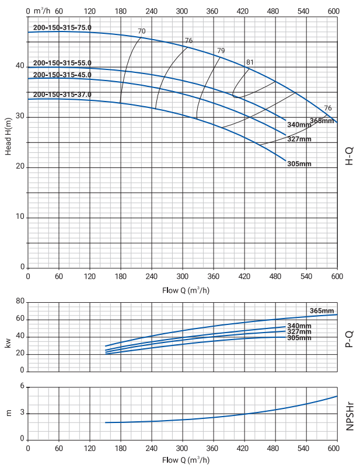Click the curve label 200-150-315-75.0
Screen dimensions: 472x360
(62, 27)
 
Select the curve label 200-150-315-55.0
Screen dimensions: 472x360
(62, 63)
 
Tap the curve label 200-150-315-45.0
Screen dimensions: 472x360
(62, 75)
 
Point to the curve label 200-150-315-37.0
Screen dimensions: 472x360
(62, 95)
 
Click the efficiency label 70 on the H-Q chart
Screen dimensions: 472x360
(142, 31)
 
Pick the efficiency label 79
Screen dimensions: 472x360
(221, 51)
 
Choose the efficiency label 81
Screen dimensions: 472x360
(250, 62)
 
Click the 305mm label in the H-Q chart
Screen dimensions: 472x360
(299, 164)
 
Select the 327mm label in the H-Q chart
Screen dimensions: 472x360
(299, 139)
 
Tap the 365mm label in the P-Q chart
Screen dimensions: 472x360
(321, 310)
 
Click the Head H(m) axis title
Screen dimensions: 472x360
(9, 135)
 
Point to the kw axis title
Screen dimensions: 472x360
(9, 344)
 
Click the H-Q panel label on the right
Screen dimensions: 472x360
(349, 156)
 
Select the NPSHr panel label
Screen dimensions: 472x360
(349, 415)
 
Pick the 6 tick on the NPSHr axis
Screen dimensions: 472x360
(22, 387)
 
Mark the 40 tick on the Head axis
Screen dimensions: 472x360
(19, 66)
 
